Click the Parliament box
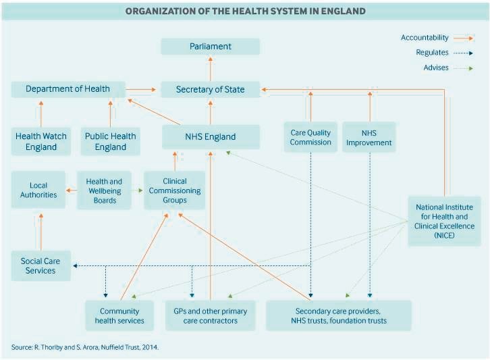[x=211, y=47]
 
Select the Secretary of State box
[x=211, y=89]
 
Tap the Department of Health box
[x=68, y=89]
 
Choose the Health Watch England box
[x=41, y=141]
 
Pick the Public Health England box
[x=110, y=141]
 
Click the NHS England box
[x=211, y=136]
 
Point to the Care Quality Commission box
[x=310, y=137]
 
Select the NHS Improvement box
[x=369, y=137]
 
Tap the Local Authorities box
[x=38, y=190]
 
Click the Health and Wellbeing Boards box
[x=104, y=190]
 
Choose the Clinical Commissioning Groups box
[x=174, y=190]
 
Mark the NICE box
[x=444, y=221]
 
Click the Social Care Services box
[x=41, y=265]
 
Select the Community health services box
[x=119, y=315]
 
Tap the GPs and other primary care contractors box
[x=211, y=315]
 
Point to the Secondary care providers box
[x=339, y=315]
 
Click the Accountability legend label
[x=425, y=38]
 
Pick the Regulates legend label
[x=432, y=52]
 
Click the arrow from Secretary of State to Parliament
[x=211, y=69]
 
